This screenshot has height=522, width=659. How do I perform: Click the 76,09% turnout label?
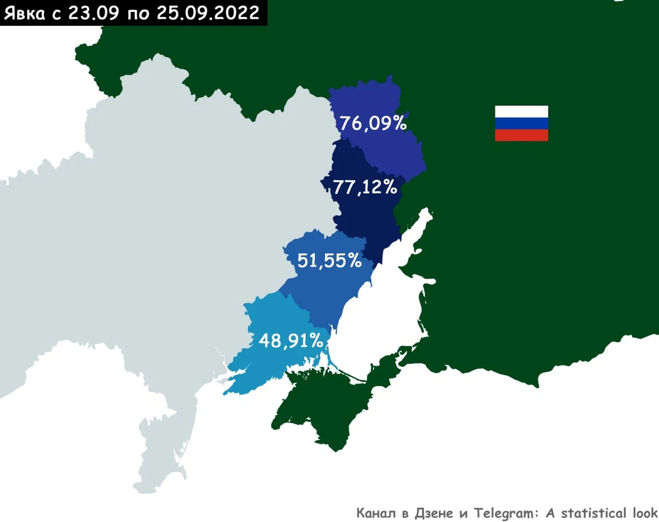coord(373,123)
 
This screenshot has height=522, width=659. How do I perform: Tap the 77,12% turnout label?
coord(365,188)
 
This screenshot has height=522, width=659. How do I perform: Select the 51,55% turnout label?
coord(329,260)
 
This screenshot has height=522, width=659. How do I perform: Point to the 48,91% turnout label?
coord(291,341)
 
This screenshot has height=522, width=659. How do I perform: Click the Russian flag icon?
coord(521,124)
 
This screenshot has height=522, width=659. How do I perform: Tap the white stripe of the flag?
coord(521,111)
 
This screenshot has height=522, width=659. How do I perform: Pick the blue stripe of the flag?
coord(521,124)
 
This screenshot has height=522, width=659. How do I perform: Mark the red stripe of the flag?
coord(521,135)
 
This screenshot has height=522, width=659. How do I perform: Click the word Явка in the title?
coord(25,13)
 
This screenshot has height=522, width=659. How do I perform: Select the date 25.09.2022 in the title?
coord(208,13)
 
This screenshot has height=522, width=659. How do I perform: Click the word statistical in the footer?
coord(593,513)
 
